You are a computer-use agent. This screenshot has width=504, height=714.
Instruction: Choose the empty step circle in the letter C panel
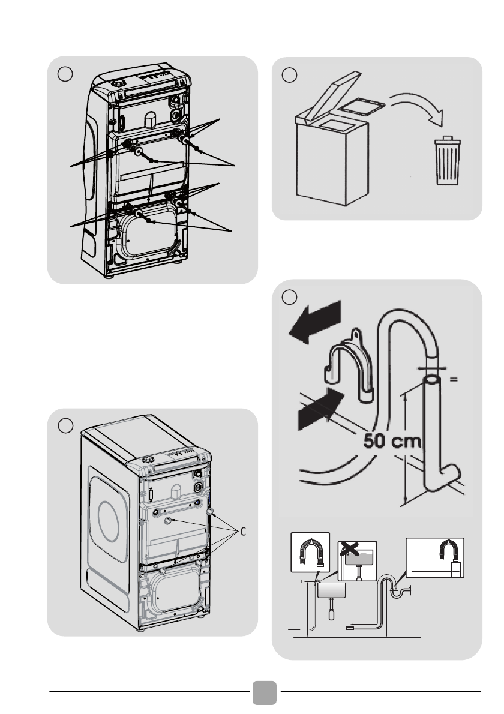click(x=65, y=425)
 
